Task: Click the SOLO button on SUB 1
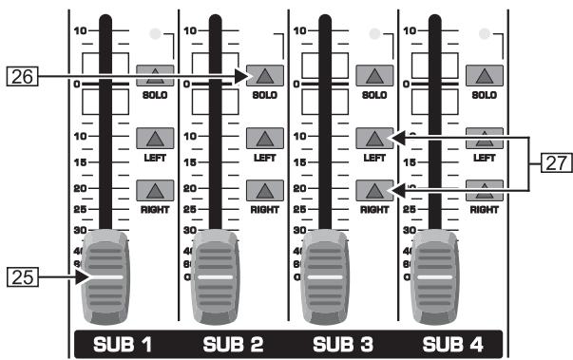(153, 77)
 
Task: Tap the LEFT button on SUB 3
(373, 139)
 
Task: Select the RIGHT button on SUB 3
(373, 188)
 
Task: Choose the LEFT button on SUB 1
(153, 139)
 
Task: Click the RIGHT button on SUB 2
(263, 188)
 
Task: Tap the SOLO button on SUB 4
(484, 77)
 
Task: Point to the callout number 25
(20, 278)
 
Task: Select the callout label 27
(552, 164)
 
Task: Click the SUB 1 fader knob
(113, 277)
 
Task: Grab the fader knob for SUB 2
(223, 277)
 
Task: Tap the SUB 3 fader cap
(333, 277)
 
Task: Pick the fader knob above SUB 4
(442, 277)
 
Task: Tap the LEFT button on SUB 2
(263, 139)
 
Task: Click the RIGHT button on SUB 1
(153, 188)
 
